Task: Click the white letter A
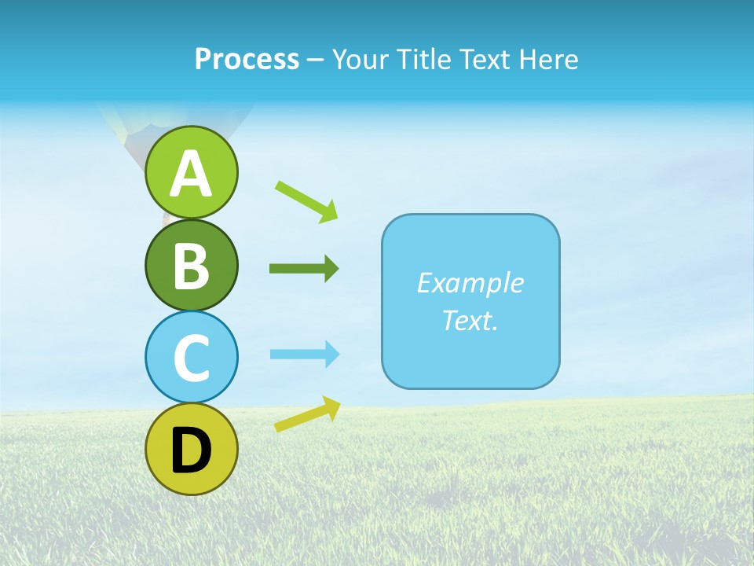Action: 191,174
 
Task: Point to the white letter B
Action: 191,266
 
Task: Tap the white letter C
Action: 191,358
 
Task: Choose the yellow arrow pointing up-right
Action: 307,414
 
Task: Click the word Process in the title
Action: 247,60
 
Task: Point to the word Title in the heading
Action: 425,60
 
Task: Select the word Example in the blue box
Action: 470,283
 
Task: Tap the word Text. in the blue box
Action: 470,320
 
